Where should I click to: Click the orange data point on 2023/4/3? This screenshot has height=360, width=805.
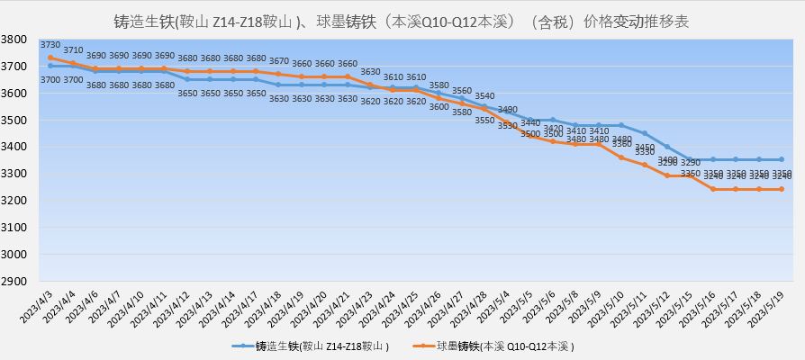pos(50,58)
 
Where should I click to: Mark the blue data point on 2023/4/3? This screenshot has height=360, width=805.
pos(50,66)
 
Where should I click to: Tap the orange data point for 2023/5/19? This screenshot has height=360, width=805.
pos(781,189)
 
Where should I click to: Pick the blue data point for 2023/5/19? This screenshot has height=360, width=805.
pos(781,159)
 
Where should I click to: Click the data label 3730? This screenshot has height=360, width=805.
pos(50,45)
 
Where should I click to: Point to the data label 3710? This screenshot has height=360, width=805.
pos(74,50)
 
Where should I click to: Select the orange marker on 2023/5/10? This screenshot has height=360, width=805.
pos(621,157)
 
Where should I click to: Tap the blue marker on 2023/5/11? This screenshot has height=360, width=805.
pos(644,133)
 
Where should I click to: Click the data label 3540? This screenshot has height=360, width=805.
pos(484,95)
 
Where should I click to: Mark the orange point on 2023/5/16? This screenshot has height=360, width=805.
pos(712,189)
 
